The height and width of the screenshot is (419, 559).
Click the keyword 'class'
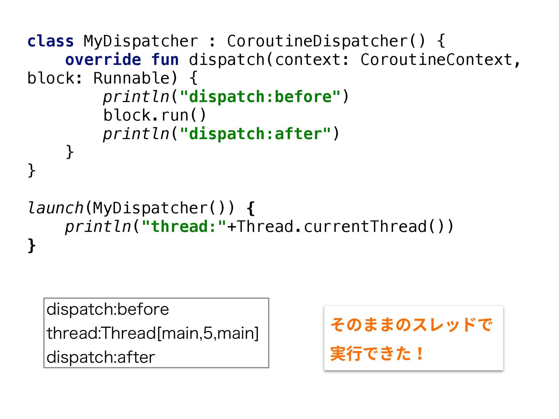pyautogui.click(x=50, y=41)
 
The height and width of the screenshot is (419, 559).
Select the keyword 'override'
pyautogui.click(x=103, y=60)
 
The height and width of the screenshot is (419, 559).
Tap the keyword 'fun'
pyautogui.click(x=165, y=60)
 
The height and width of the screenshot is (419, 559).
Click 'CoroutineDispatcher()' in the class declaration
pyautogui.click(x=326, y=41)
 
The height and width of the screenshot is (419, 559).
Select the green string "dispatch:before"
pyautogui.click(x=260, y=97)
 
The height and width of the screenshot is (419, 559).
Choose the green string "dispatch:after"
pyautogui.click(x=255, y=134)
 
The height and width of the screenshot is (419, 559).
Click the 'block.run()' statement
pyautogui.click(x=155, y=115)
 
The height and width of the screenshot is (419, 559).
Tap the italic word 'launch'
pyautogui.click(x=55, y=208)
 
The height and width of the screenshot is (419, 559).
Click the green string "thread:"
pyautogui.click(x=184, y=227)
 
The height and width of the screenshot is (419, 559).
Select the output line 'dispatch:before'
pyautogui.click(x=108, y=309)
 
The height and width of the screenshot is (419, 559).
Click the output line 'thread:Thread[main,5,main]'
pyautogui.click(x=153, y=333)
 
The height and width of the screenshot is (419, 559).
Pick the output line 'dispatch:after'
pyautogui.click(x=101, y=357)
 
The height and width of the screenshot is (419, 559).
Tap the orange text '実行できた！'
pyautogui.click(x=377, y=354)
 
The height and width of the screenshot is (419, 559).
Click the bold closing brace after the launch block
pyautogui.click(x=31, y=245)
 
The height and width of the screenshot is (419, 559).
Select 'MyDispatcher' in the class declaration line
pyautogui.click(x=141, y=41)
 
